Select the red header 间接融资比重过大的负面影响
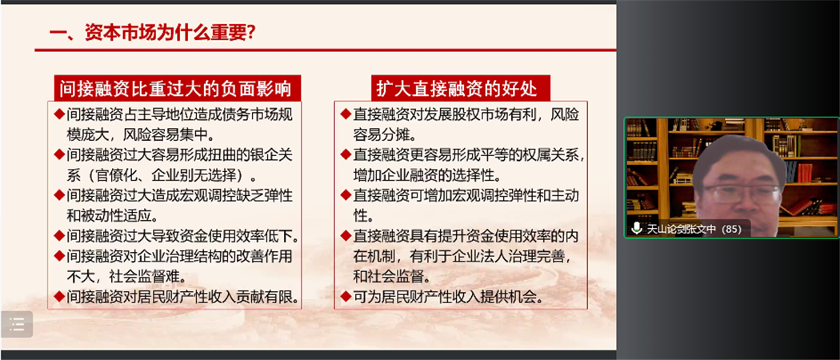[176, 88]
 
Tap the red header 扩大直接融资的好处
[457, 88]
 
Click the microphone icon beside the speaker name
[637, 229]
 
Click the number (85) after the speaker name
[730, 230]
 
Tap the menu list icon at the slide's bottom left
[17, 324]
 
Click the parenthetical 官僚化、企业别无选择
[165, 174]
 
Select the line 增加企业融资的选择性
[426, 174]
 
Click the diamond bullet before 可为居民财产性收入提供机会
[346, 297]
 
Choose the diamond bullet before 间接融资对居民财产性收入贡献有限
[60, 297]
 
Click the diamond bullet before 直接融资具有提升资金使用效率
[346, 236]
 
